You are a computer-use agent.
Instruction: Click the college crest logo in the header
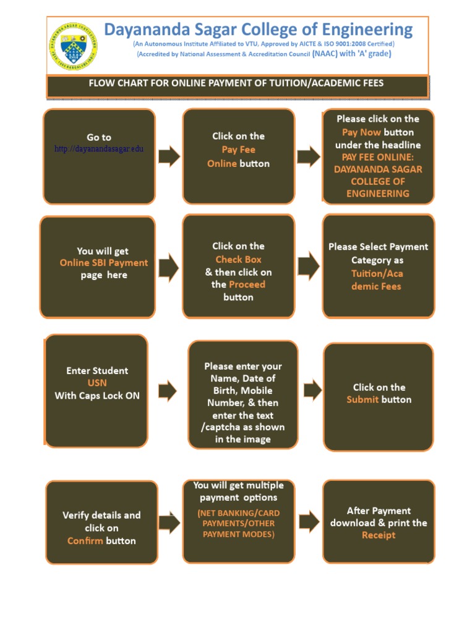click(x=73, y=46)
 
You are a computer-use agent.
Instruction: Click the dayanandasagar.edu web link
click(x=99, y=150)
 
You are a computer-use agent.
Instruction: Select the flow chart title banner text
click(x=237, y=83)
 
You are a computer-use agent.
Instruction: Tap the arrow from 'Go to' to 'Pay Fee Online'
click(x=169, y=156)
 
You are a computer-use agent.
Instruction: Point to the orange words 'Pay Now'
click(x=361, y=132)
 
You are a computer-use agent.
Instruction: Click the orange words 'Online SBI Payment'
click(x=104, y=263)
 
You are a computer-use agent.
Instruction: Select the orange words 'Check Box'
click(x=238, y=260)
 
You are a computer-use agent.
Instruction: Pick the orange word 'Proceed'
click(x=247, y=284)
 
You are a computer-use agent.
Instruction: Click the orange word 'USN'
click(x=97, y=383)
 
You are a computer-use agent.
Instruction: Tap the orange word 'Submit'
click(x=362, y=400)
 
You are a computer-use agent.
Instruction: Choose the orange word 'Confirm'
click(x=85, y=541)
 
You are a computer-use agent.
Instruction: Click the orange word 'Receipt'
click(x=379, y=535)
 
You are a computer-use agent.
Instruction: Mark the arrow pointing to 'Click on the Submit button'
click(x=312, y=390)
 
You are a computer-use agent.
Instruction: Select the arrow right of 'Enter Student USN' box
click(x=168, y=391)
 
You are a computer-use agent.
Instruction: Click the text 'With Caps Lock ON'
click(x=97, y=396)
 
